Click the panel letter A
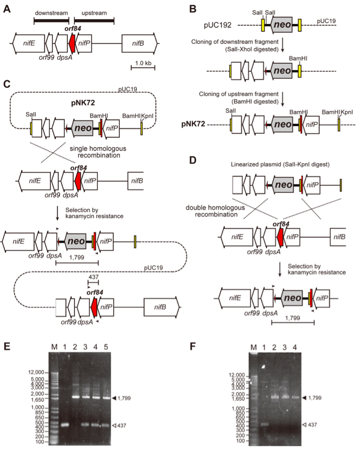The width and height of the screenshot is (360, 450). (x=7, y=9)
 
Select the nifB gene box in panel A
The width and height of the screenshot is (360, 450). (x=140, y=43)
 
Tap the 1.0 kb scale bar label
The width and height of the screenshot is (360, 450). (x=143, y=63)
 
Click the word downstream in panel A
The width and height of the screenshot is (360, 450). (x=51, y=13)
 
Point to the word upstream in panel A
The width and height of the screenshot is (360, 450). (x=94, y=13)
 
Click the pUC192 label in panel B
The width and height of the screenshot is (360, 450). (x=218, y=25)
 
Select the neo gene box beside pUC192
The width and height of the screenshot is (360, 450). (x=281, y=24)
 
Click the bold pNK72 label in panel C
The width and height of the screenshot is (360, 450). (x=83, y=103)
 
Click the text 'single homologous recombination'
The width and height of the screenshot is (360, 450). (x=98, y=152)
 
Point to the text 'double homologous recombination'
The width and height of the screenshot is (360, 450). (x=215, y=211)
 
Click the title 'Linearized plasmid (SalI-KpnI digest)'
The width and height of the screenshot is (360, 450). (x=280, y=164)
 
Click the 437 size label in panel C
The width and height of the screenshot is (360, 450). (x=93, y=277)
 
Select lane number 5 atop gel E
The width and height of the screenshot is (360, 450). (x=106, y=347)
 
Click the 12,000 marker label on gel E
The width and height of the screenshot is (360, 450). (x=36, y=372)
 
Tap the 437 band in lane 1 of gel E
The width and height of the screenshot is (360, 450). (x=65, y=425)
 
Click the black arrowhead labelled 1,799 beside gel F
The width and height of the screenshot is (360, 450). (x=304, y=398)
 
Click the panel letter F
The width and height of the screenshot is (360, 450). (x=194, y=346)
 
